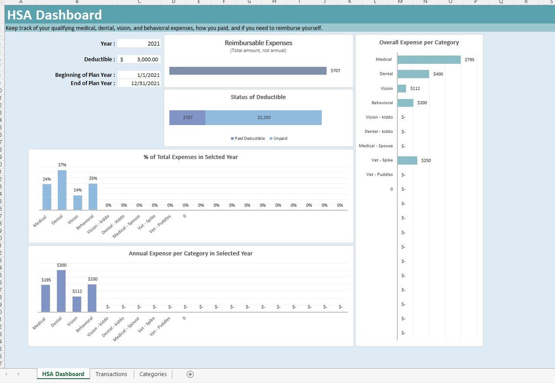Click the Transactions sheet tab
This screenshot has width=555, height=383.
(111, 374)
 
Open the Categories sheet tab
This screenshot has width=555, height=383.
(153, 374)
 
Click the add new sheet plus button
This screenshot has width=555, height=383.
(190, 374)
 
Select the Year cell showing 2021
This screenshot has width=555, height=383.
(139, 44)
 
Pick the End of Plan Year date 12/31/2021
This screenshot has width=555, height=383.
(139, 83)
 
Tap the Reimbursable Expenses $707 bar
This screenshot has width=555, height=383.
(248, 71)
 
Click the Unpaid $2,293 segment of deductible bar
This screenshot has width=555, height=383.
(263, 117)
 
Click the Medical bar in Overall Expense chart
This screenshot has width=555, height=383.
(428, 59)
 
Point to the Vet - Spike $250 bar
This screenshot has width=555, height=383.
(407, 160)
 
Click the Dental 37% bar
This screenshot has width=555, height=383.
(62, 190)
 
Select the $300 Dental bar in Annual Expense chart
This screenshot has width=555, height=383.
(61, 291)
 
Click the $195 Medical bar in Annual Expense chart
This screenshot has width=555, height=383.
(46, 298)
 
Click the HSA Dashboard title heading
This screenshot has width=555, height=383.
(55, 15)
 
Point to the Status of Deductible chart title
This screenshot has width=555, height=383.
(258, 97)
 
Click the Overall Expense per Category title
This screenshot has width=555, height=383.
(419, 42)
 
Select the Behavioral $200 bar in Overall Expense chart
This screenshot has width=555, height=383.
(405, 103)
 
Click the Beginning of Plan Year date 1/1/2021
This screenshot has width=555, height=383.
(139, 75)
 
